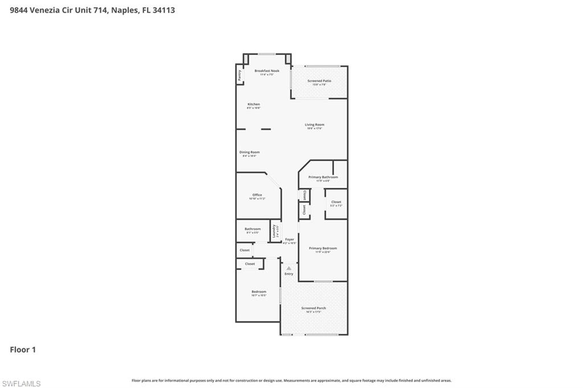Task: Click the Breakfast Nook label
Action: tap(266, 71)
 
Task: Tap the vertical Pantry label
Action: tap(240, 75)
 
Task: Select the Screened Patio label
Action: tap(319, 81)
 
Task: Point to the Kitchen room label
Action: tap(253, 105)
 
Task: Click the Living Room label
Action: tap(314, 125)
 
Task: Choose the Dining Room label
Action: tap(249, 152)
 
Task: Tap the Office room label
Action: tap(257, 195)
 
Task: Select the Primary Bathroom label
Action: tap(323, 178)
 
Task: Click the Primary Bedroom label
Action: tap(323, 249)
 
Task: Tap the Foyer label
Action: tap(290, 240)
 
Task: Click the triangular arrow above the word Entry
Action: tap(289, 268)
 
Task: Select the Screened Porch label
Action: tap(313, 308)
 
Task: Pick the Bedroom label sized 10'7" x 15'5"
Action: tap(258, 292)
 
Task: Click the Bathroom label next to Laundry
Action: tap(253, 229)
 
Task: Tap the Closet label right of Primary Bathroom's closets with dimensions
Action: tap(336, 202)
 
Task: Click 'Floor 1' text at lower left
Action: tap(23, 350)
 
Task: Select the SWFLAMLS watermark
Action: tap(21, 383)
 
